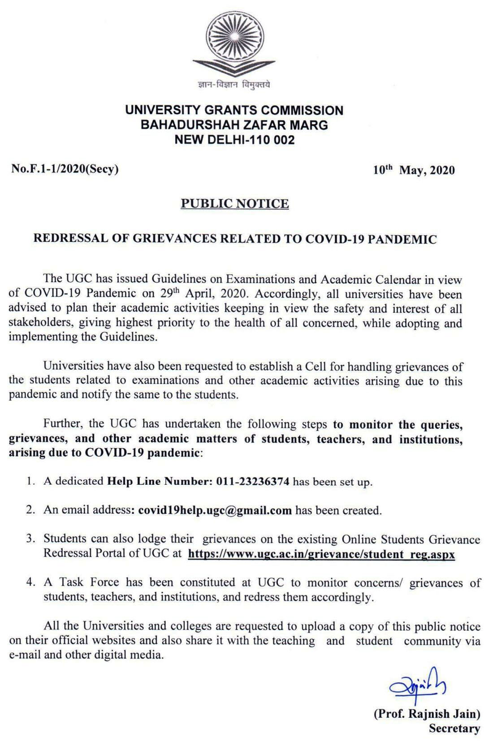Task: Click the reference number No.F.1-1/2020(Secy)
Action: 65,169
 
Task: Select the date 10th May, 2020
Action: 414,170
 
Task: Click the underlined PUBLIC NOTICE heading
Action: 235,204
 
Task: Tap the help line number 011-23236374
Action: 253,482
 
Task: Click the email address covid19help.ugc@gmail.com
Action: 215,510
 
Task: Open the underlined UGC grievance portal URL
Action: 321,554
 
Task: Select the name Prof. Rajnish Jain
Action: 427,713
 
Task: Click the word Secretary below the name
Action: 454,728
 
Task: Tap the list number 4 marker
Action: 30,582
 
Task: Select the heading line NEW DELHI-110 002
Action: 234,140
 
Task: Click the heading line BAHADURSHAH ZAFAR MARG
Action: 234,125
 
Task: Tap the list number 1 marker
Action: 30,482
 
